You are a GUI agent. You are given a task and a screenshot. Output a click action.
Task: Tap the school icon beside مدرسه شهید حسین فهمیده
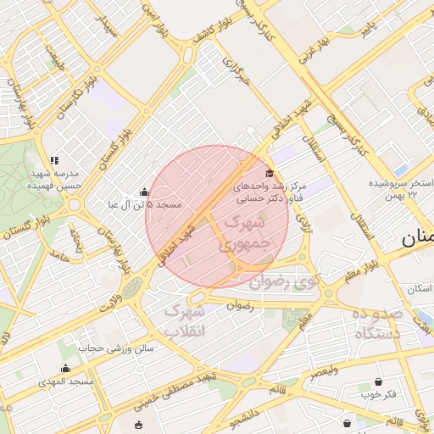[x=54, y=160]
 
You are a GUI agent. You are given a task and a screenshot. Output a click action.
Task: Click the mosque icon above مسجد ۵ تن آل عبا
[x=144, y=192]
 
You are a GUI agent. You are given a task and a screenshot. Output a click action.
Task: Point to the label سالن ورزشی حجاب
[x=117, y=348]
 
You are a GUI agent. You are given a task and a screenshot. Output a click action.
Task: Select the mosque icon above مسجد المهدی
[x=66, y=368]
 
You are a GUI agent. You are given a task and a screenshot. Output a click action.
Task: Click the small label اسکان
[x=419, y=290]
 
